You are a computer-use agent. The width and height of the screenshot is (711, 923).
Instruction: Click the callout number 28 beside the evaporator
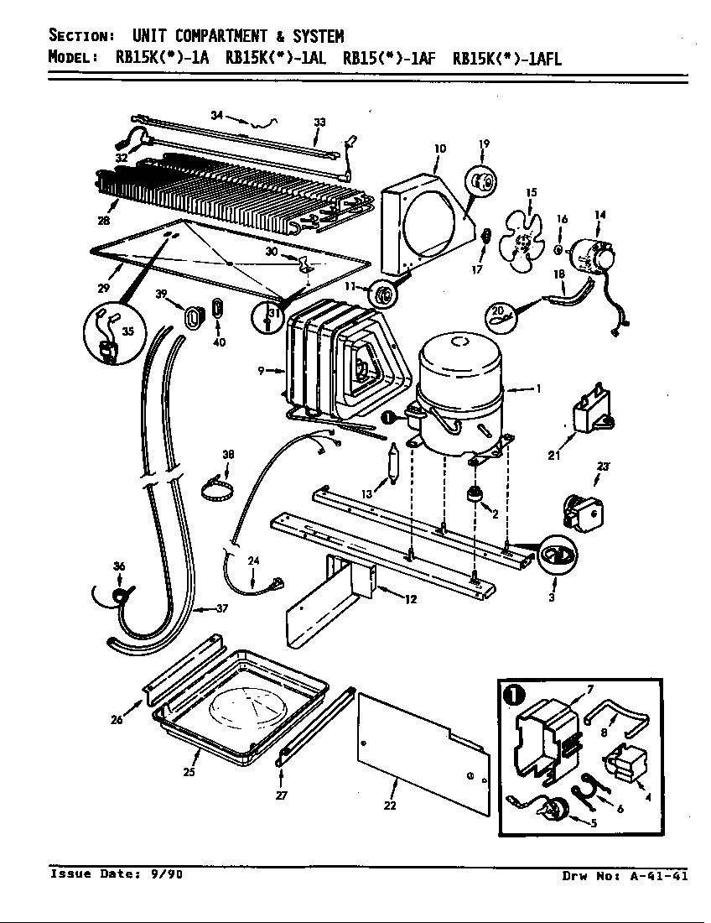tap(104, 222)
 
